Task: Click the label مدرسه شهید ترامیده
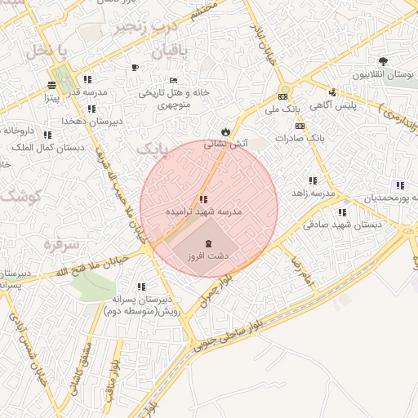tap(204, 211)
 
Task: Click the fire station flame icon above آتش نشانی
tap(225, 131)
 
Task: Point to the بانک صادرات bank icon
tap(300, 126)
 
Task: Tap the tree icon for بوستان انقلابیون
tap(383, 62)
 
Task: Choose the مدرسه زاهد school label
tap(319, 193)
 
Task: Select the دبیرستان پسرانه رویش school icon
tap(141, 287)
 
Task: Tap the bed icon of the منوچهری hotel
tap(173, 80)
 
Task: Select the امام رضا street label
tap(302, 271)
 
